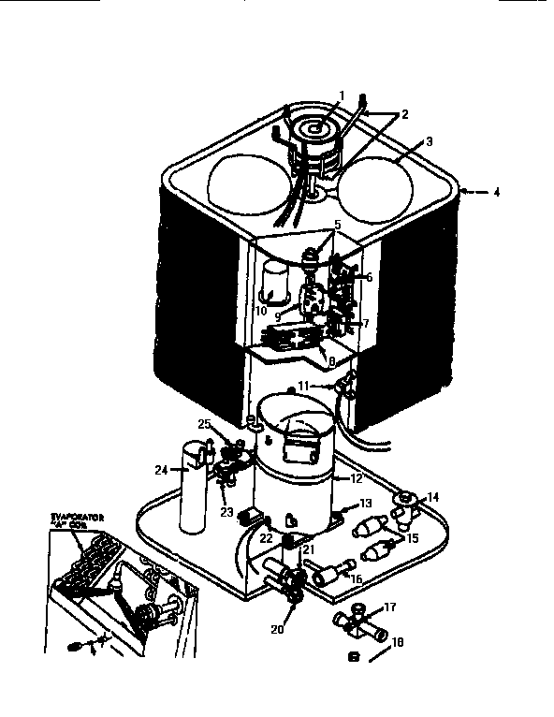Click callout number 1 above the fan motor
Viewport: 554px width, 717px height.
[x=342, y=95]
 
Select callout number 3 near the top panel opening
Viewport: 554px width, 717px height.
[x=430, y=142]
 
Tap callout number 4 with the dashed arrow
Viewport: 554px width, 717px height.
[x=497, y=193]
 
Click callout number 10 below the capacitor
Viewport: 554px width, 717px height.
[x=263, y=310]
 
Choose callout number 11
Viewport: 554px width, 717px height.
[x=303, y=385]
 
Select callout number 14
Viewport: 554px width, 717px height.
[x=432, y=497]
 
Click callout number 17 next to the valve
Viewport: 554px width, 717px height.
[x=390, y=607]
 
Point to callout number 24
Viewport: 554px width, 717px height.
[x=161, y=471]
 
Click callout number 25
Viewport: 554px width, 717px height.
[x=204, y=424]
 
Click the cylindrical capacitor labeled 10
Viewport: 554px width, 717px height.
[x=273, y=280]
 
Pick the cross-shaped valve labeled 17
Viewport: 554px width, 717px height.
[x=357, y=623]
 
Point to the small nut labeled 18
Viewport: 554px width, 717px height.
[x=353, y=657]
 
